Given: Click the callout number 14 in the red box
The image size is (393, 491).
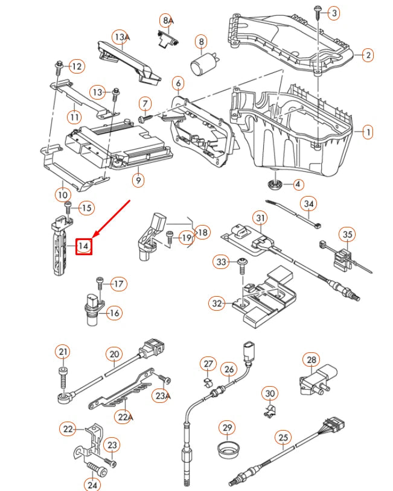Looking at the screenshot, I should click(83, 245).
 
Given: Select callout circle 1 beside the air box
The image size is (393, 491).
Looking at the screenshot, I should click(366, 131).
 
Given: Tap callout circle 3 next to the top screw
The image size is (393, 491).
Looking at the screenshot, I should click(333, 12).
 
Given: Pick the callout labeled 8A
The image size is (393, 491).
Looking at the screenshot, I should click(167, 20).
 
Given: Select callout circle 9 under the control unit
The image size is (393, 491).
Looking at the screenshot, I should click(138, 179).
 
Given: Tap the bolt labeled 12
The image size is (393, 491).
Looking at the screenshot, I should click(59, 65).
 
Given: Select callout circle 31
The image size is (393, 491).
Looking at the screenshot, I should click(259, 218).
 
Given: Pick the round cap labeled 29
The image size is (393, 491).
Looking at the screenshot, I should click(228, 448).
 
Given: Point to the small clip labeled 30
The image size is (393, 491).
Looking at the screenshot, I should click(268, 413).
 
